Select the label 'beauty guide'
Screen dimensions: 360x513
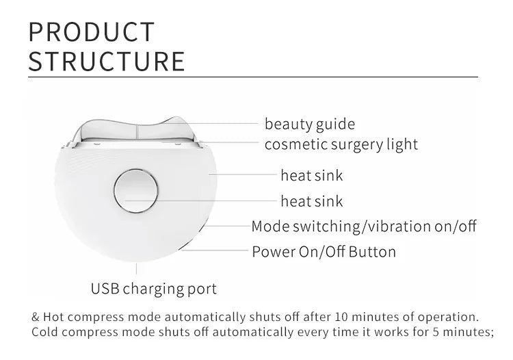pyautogui.click(x=310, y=124)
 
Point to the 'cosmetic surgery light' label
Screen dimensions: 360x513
pyautogui.click(x=341, y=144)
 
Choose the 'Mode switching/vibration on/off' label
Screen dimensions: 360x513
pyautogui.click(x=364, y=227)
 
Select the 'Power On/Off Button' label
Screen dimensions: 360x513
pyautogui.click(x=324, y=251)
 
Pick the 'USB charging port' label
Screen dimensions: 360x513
pyautogui.click(x=154, y=288)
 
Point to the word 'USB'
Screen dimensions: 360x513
pyautogui.click(x=106, y=288)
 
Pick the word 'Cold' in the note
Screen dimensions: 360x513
pyautogui.click(x=46, y=332)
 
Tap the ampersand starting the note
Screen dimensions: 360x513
pyautogui.click(x=36, y=318)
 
